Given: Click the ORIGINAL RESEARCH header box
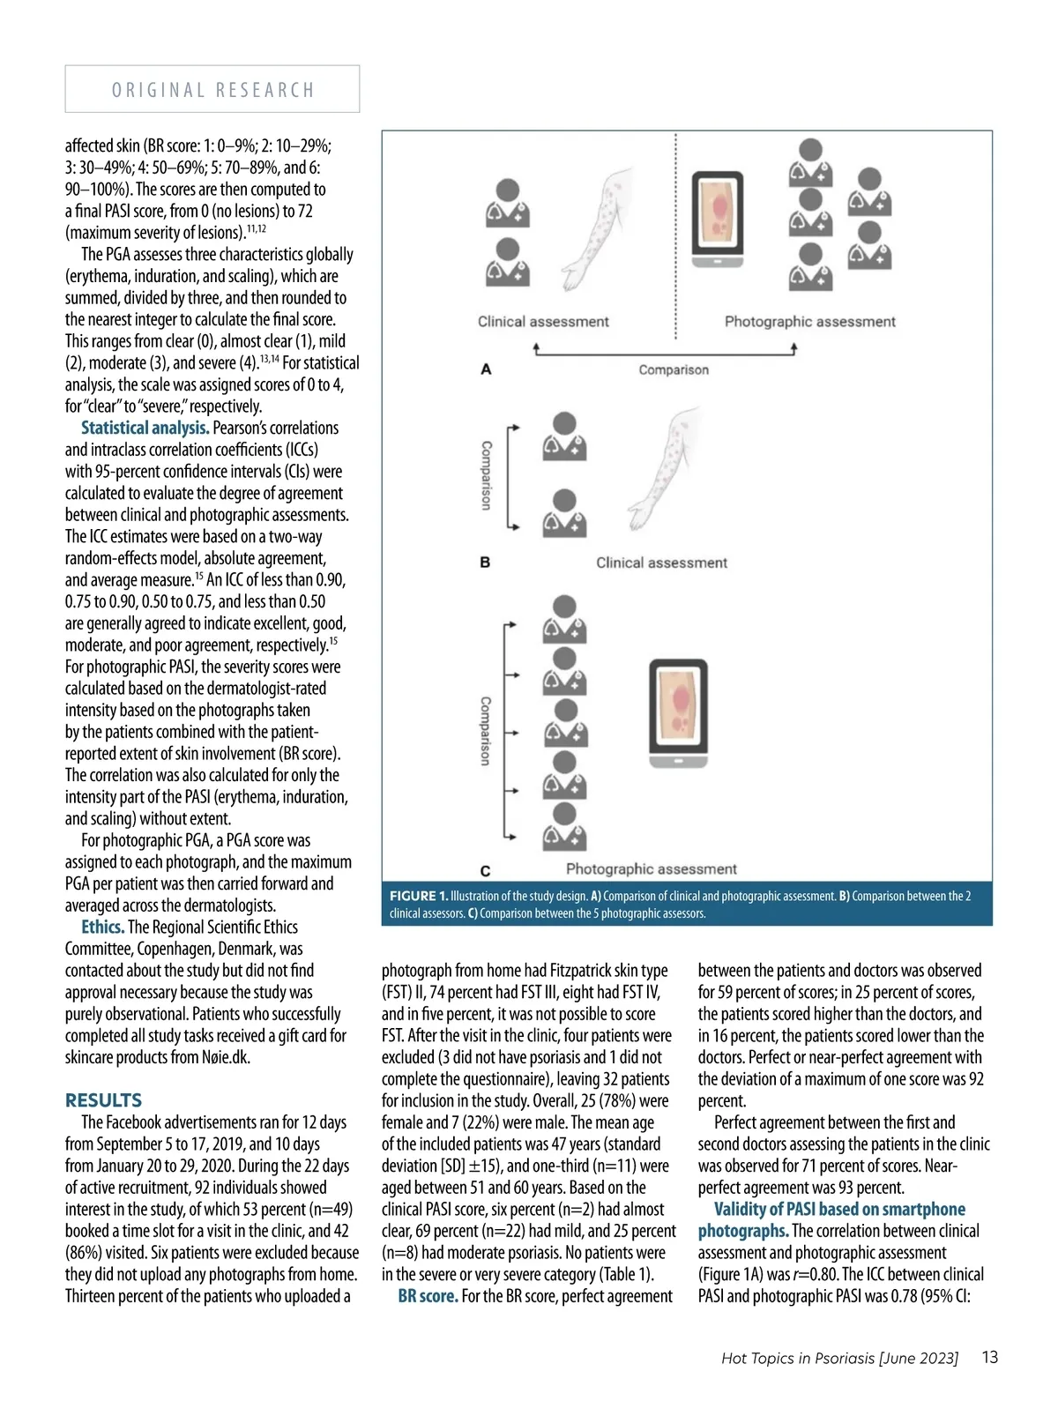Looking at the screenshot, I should (x=212, y=89).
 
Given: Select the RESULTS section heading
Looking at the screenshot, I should (x=103, y=1100).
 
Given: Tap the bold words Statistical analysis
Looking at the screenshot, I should (x=145, y=428).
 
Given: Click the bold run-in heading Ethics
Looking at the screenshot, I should (x=102, y=927).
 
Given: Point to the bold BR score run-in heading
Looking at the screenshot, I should (x=428, y=1296).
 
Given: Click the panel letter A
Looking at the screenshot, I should (x=486, y=369).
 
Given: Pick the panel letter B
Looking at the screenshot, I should (x=485, y=562).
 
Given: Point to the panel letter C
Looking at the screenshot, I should (x=485, y=870).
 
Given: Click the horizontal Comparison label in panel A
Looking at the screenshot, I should (x=674, y=369).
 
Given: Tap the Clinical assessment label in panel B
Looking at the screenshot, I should (x=661, y=563).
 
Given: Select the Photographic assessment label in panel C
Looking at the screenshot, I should (x=651, y=869).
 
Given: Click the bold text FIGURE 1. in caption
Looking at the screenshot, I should (x=419, y=896).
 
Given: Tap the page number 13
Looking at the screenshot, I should (x=990, y=1357).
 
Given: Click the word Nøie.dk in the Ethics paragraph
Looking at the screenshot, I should (x=226, y=1057).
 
